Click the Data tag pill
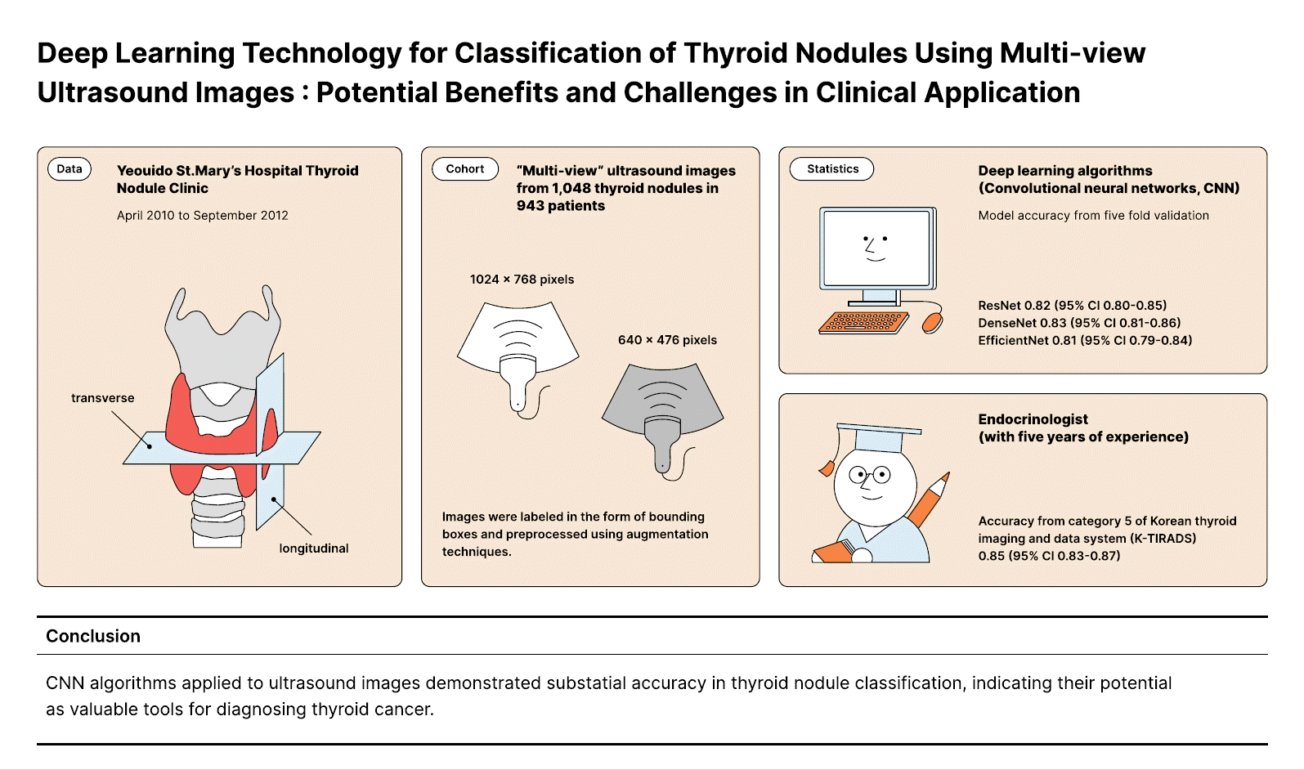[x=69, y=169]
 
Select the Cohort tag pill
[x=465, y=169]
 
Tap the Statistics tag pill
[x=832, y=169]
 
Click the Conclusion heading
[x=93, y=636]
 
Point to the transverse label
[x=103, y=398]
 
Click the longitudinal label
[x=314, y=548]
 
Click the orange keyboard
[x=863, y=322]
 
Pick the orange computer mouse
[x=932, y=321]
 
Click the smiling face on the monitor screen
[x=876, y=247]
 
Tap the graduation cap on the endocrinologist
[x=876, y=438]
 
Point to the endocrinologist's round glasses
[x=869, y=474]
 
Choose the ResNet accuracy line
[x=1073, y=306]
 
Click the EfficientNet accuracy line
[x=1085, y=341]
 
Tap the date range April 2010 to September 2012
[x=203, y=216]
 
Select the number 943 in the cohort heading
[x=531, y=206]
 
